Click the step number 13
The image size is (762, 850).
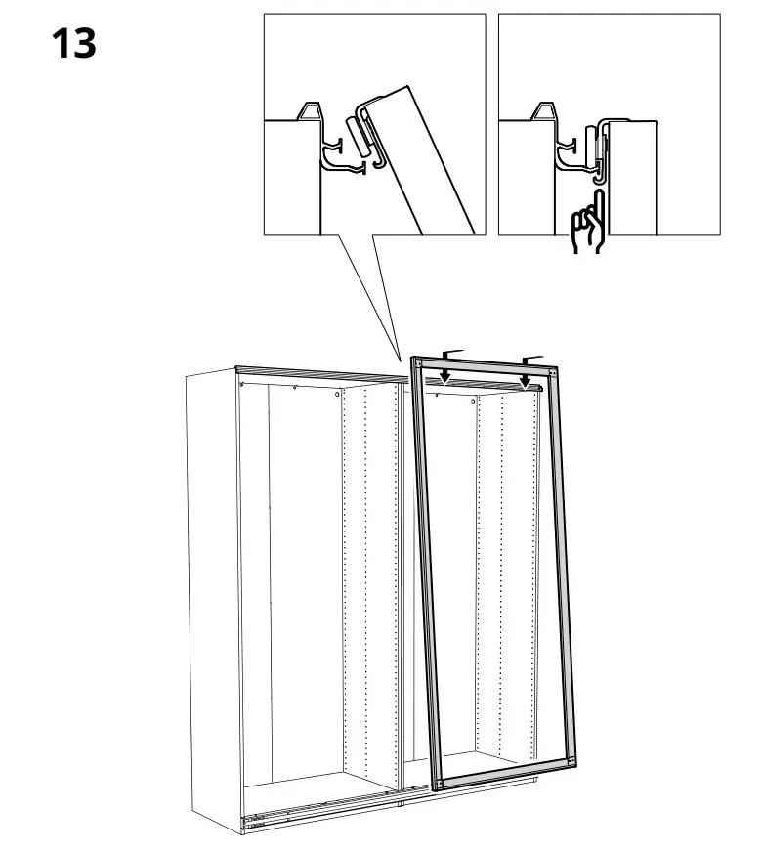[x=74, y=45]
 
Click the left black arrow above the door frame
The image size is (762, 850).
[x=444, y=375]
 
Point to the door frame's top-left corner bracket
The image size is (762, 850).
[x=418, y=365]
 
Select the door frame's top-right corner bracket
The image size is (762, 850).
[x=554, y=371]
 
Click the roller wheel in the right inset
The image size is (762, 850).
[x=590, y=145]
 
